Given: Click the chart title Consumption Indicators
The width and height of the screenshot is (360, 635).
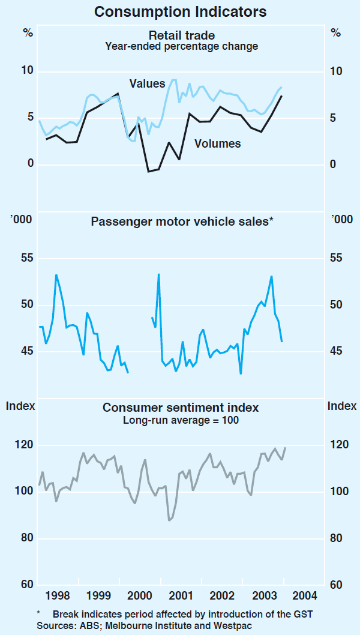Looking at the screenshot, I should click(181, 11).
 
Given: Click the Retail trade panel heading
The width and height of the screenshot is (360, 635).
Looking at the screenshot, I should click(182, 35).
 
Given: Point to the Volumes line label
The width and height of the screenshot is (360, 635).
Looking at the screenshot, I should click(217, 143).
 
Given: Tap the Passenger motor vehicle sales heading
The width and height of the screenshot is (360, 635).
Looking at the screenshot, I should click(182, 221).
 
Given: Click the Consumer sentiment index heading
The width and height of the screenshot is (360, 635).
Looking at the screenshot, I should click(181, 408).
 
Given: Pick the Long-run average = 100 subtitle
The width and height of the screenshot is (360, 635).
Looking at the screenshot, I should click(181, 420).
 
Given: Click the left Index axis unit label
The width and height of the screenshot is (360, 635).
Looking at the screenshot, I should click(20, 406).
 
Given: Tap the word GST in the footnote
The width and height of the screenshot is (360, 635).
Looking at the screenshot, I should click(303, 614).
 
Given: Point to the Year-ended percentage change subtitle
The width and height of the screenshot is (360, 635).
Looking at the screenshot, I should click(182, 46).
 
